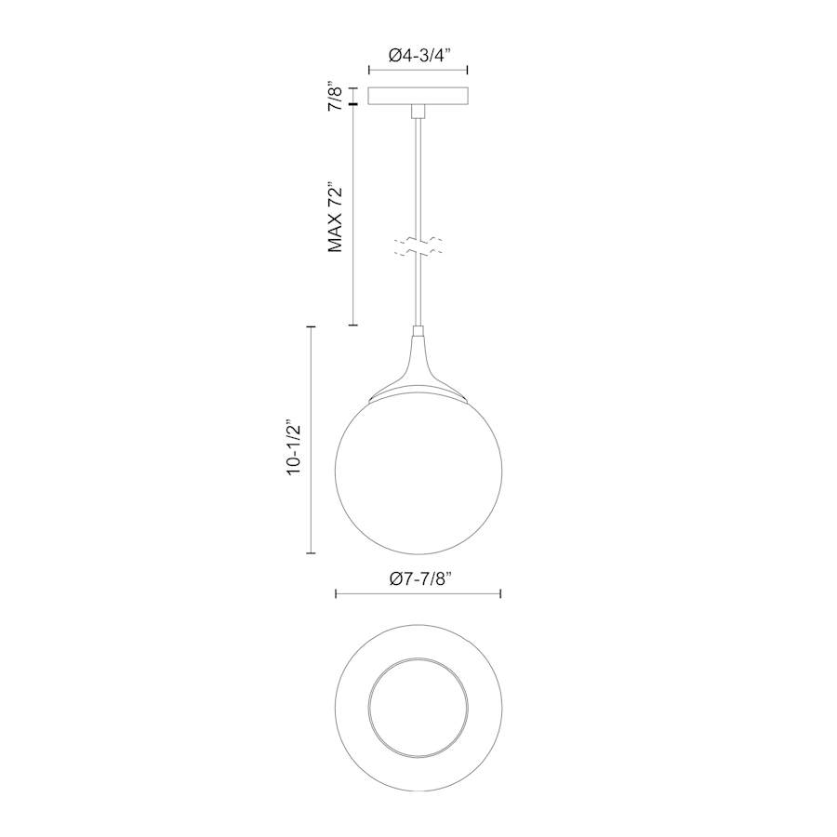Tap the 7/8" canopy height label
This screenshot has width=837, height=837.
[337, 96]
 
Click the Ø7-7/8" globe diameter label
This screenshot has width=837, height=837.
[418, 578]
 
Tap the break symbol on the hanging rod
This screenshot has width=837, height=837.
[418, 246]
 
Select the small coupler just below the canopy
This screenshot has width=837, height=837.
[418, 112]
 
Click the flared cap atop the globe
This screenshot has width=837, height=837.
[418, 372]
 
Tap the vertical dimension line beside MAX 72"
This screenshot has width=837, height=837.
[353, 214]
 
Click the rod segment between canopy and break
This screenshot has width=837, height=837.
[418, 177]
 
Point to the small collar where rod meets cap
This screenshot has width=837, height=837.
[418, 331]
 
